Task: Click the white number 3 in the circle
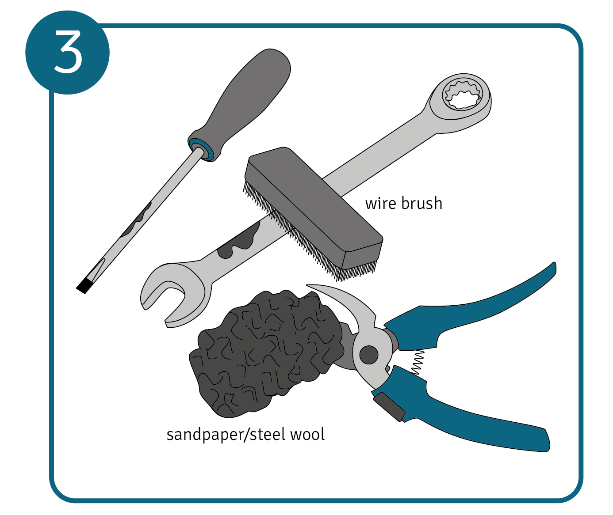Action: (x=68, y=52)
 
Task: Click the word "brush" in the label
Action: (x=422, y=203)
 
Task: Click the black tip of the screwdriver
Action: (x=85, y=286)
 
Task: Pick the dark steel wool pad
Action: (x=266, y=352)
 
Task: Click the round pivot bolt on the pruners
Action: (x=369, y=355)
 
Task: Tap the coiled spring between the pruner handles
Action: (x=417, y=362)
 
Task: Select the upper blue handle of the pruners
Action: (x=470, y=314)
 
